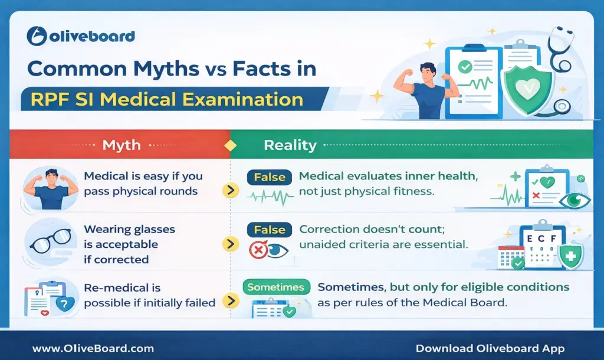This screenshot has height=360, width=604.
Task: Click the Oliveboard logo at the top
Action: pos(81,37)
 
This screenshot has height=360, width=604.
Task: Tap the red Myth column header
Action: pos(121,145)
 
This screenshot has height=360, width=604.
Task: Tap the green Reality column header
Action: pos(290,145)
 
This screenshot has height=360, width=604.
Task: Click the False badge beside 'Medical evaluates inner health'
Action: pos(269,177)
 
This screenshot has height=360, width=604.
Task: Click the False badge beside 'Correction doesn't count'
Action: pos(269,230)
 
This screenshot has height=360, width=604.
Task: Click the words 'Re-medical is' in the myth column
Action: pos(122,288)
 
